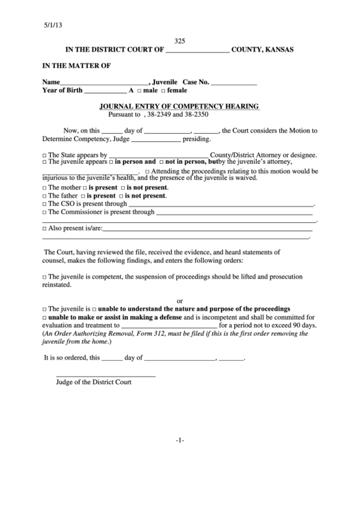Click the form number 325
(180, 41)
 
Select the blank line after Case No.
(234, 83)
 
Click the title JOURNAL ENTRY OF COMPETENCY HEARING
(180, 107)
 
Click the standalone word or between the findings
(180, 300)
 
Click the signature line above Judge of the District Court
(105, 376)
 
